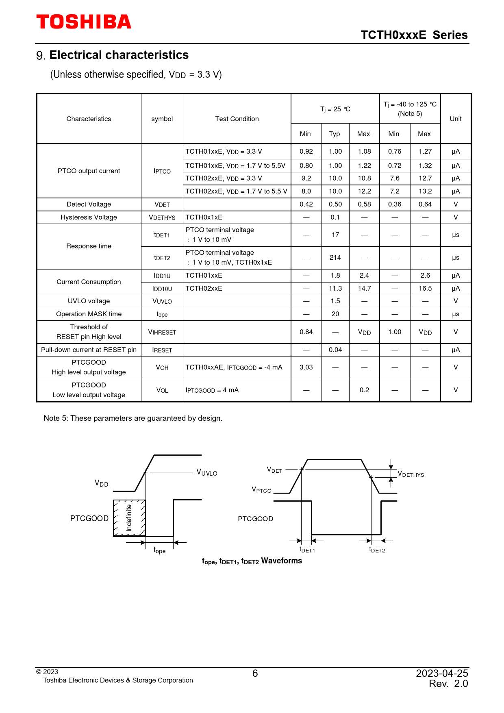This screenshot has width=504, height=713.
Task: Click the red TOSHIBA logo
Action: pyautogui.click(x=84, y=22)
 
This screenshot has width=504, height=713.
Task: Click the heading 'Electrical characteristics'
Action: pyautogui.click(x=119, y=55)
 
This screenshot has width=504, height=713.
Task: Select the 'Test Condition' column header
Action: pyautogui.click(x=237, y=119)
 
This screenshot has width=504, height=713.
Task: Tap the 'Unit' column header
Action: pyautogui.click(x=456, y=119)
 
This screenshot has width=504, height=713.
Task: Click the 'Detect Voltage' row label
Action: pyautogui.click(x=89, y=204)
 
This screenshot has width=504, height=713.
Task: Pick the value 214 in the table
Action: pyautogui.click(x=335, y=257)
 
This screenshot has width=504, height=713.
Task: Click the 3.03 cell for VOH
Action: pyautogui.click(x=306, y=367)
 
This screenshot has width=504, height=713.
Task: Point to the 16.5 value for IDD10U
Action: pyautogui.click(x=425, y=288)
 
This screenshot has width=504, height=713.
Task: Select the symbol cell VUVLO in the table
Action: pyautogui.click(x=162, y=301)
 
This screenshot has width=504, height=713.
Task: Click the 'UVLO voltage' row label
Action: pyautogui.click(x=89, y=301)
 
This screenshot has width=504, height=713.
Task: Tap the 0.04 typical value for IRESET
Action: pyautogui.click(x=335, y=350)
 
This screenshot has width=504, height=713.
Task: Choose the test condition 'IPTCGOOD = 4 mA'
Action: pyautogui.click(x=212, y=390)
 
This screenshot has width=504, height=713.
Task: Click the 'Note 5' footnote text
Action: pyautogui.click(x=133, y=418)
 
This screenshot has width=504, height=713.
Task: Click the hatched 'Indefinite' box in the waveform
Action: pyautogui.click(x=129, y=518)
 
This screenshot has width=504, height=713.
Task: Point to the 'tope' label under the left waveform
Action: pyautogui.click(x=159, y=550)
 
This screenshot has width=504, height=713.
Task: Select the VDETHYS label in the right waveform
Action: pyautogui.click(x=411, y=474)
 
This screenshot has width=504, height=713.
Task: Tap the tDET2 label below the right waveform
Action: pyautogui.click(x=377, y=550)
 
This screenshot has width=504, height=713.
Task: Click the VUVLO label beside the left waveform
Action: pyautogui.click(x=206, y=472)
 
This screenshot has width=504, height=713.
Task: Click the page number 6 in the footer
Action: pyautogui.click(x=255, y=674)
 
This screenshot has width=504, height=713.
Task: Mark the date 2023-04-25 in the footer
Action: pyautogui.click(x=442, y=674)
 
